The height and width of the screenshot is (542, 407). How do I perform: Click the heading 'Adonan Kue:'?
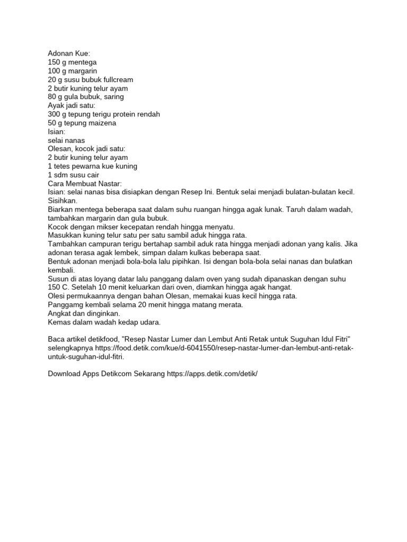coord(69,53)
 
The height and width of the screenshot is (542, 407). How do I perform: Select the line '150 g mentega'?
coord(72,62)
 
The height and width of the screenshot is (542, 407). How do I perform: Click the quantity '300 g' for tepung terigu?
coord(57,114)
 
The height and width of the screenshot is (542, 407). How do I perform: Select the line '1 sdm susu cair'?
coord(73,175)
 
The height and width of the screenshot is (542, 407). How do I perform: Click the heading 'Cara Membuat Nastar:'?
coord(85,184)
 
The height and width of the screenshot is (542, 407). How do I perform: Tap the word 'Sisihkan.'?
coord(63,201)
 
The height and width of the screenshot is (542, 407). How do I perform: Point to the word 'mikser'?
coord(111,227)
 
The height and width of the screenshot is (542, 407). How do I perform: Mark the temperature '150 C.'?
coord(59,287)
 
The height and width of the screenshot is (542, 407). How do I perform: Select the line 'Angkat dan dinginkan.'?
coord(84,313)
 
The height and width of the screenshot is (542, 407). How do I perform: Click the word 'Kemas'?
coord(59,322)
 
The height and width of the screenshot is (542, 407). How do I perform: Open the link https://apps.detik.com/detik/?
coord(212,373)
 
